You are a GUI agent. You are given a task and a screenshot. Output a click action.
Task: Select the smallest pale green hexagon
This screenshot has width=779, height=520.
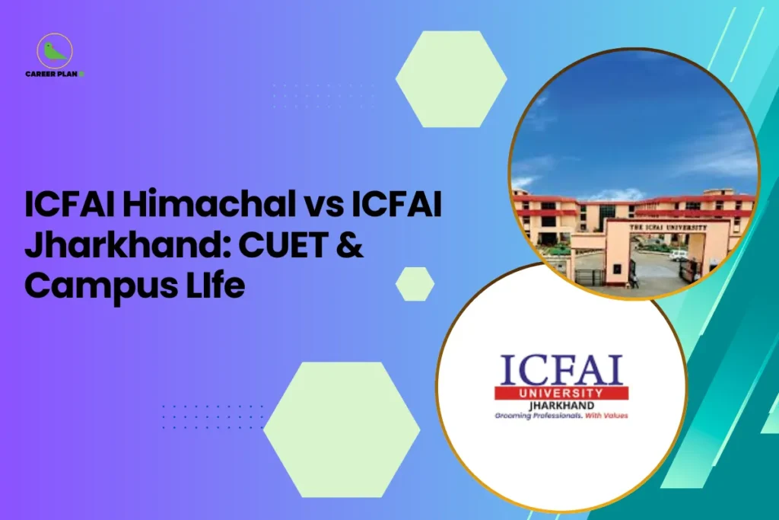coord(415,284)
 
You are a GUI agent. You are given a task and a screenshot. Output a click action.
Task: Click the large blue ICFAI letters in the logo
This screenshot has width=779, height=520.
coord(561,369)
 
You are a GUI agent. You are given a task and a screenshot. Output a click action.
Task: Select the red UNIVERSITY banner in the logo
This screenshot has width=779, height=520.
coord(561,392)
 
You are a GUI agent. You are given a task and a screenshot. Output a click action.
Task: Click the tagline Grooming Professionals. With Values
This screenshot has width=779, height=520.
coord(561,416)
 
